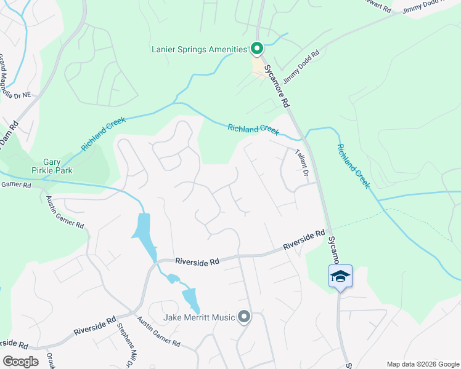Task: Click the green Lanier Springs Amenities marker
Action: (256, 48)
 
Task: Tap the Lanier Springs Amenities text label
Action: (199, 49)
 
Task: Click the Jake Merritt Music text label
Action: (200, 317)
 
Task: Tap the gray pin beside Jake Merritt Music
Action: (244, 317)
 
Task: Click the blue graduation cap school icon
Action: (340, 277)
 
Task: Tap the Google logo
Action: (20, 361)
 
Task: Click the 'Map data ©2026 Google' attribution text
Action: (422, 364)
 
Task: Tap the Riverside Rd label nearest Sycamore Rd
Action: (304, 240)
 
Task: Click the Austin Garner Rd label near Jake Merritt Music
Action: (158, 331)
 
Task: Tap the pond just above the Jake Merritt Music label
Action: (192, 300)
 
